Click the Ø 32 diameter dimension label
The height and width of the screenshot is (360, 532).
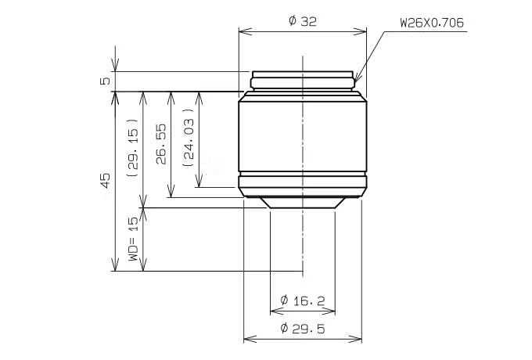coord(303,21)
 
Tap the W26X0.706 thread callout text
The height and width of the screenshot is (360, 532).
coord(432,23)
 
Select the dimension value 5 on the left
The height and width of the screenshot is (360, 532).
coord(106,81)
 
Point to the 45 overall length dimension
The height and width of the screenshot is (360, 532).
coord(106,181)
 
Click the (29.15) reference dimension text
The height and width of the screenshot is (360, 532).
coord(132,148)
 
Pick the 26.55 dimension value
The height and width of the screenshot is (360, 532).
coord(161,144)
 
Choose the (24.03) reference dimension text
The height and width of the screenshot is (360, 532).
coord(189,138)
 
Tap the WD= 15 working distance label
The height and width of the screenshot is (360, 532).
coord(133,239)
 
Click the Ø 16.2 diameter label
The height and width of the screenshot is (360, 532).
coord(303,301)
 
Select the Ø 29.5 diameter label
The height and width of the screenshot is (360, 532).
coord(303,329)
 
